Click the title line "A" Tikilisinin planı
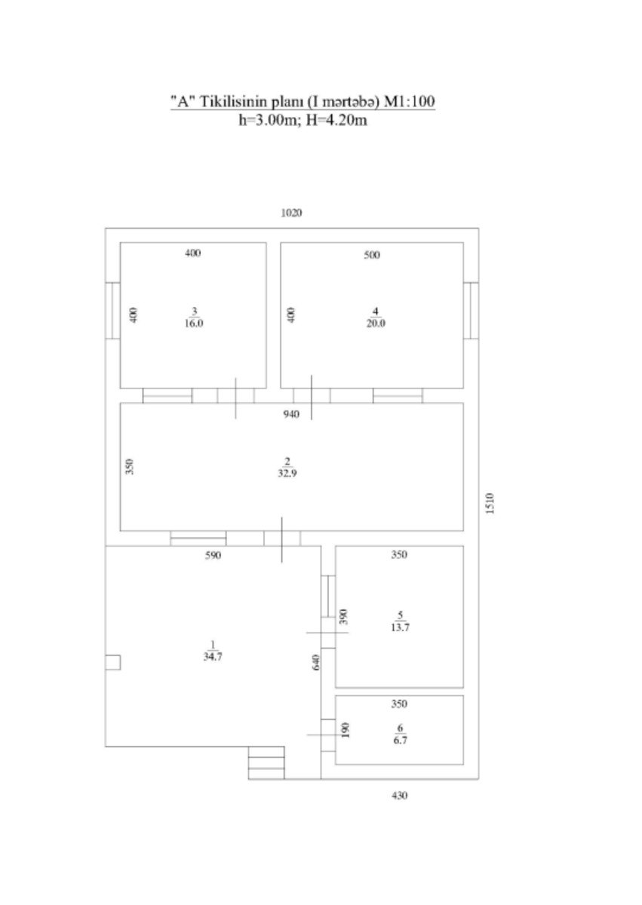coord(302,103)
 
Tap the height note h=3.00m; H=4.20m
coord(302,120)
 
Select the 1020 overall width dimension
coord(291,213)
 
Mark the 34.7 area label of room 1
coord(213,656)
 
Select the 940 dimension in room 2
coord(290,414)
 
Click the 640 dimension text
coord(317,662)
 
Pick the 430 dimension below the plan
coord(398,795)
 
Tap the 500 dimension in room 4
coord(371,255)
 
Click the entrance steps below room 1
coord(266,762)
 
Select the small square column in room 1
coord(112,662)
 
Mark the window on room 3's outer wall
coord(112,311)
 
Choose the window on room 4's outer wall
coord(471,311)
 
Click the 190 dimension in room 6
coord(346,730)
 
